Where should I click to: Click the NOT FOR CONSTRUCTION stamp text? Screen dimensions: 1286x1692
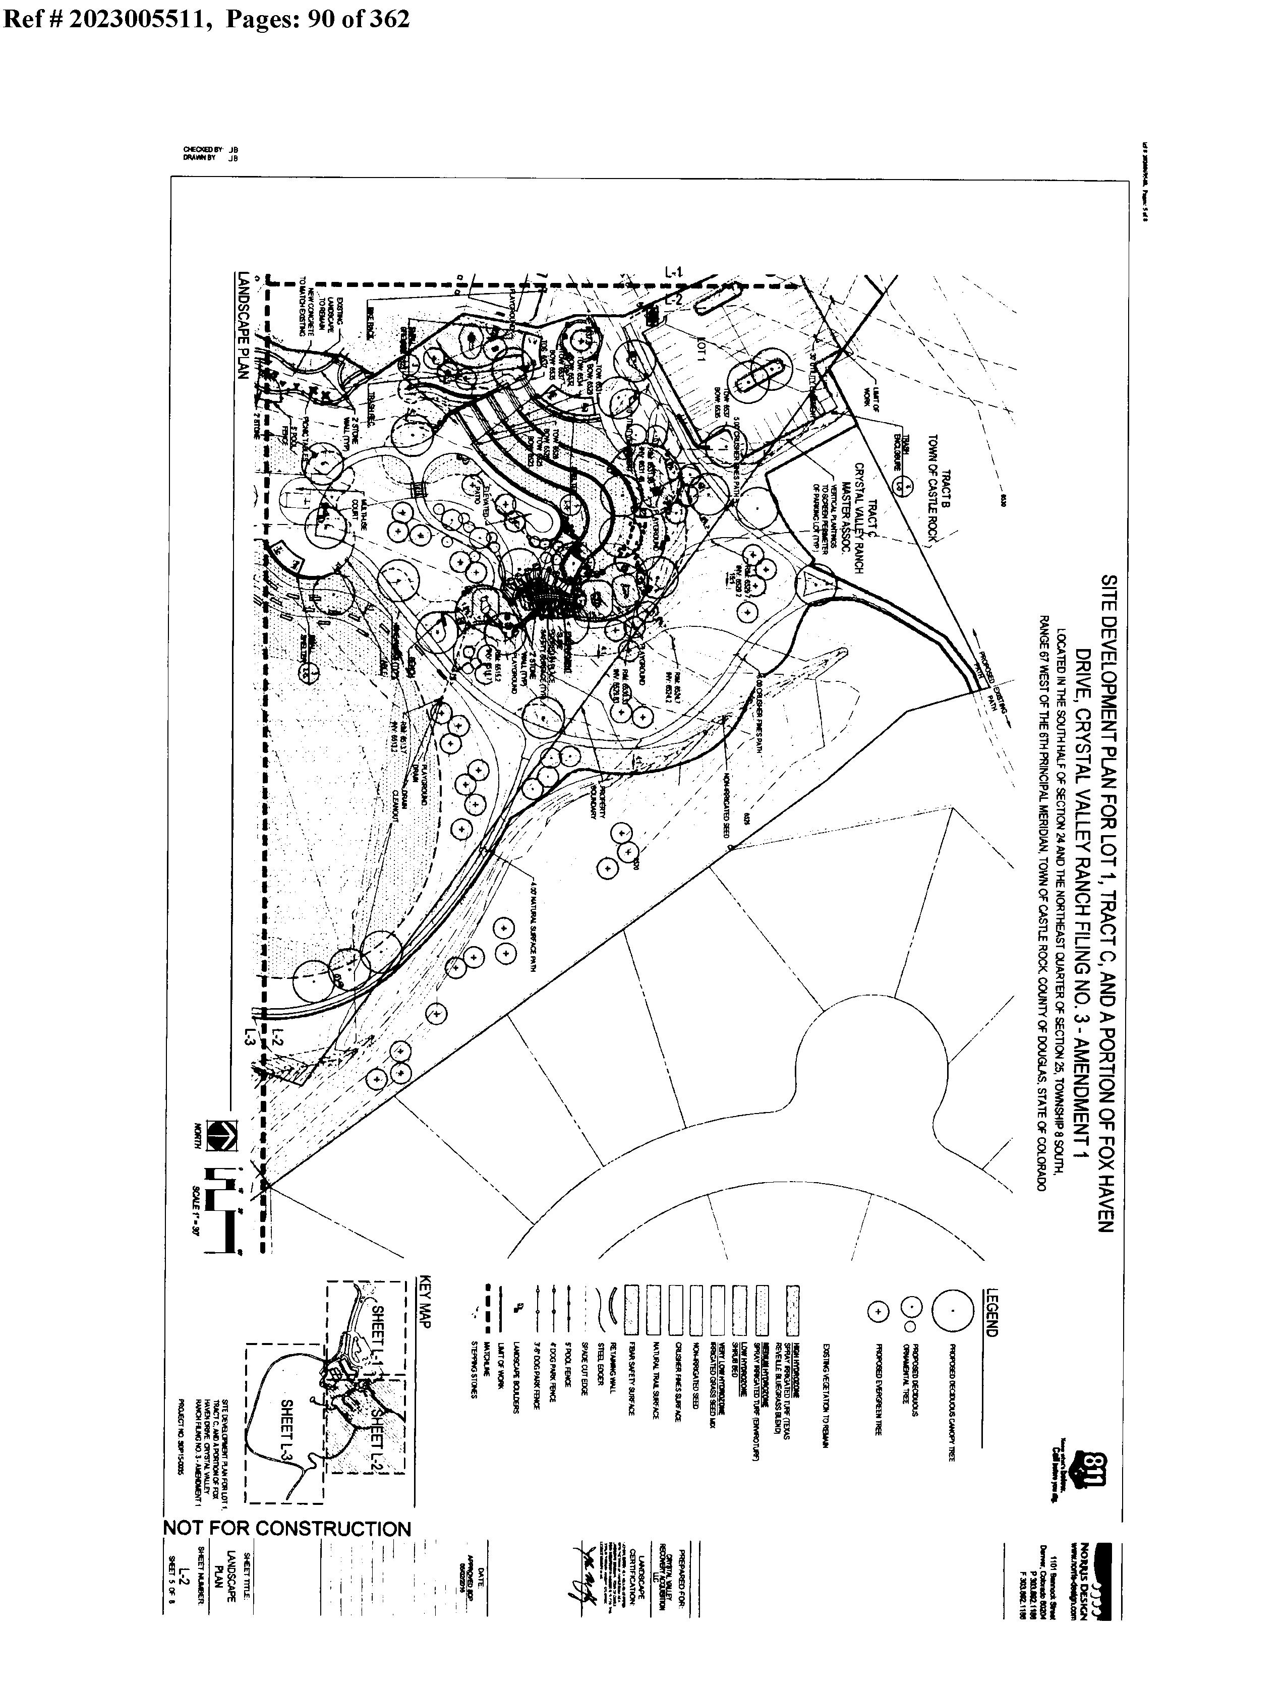(x=287, y=1528)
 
